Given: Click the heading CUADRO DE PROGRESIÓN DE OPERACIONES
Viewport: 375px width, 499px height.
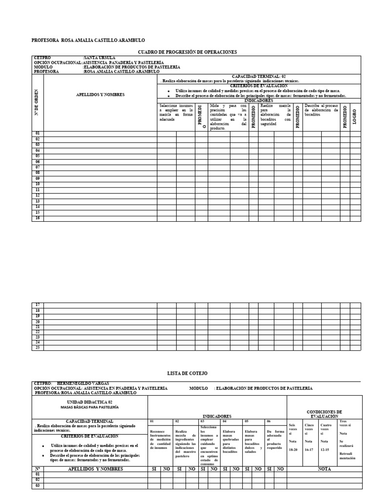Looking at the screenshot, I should pyautogui.click(x=187, y=52).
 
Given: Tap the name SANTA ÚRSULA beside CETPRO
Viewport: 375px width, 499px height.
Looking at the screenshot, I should pyautogui.click(x=100, y=58).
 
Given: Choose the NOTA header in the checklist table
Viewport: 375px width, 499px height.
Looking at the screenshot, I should pyautogui.click(x=324, y=469).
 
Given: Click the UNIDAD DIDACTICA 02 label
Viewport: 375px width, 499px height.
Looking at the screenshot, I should pyautogui.click(x=89, y=401).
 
